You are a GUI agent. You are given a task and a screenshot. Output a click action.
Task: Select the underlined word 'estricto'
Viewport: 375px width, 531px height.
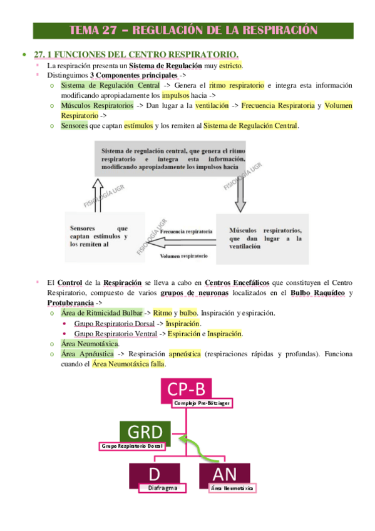pyautogui.click(x=230, y=66)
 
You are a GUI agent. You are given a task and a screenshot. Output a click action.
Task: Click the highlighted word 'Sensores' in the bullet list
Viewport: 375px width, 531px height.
pyautogui.click(x=74, y=126)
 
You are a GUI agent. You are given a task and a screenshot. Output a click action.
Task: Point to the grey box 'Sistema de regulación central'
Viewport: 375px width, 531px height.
pyautogui.click(x=172, y=160)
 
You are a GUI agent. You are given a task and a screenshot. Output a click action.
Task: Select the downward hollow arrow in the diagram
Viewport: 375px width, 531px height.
pyautogui.click(x=241, y=195)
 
